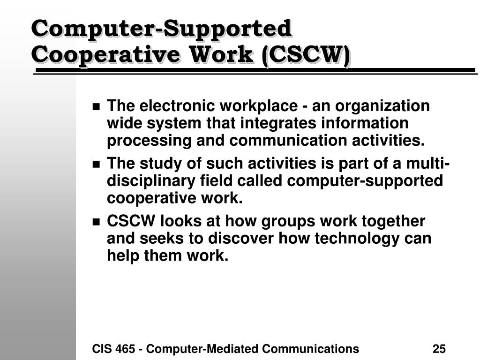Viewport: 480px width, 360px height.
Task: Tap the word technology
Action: coord(357,239)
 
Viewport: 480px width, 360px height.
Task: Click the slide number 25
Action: coord(439,349)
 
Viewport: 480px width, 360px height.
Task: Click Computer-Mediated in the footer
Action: coord(202,349)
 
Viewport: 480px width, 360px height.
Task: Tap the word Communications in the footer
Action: coord(310,349)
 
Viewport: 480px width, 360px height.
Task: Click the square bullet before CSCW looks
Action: coord(97,222)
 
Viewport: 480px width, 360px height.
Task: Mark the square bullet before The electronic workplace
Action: coord(97,107)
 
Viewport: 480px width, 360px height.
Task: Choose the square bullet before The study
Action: coord(97,165)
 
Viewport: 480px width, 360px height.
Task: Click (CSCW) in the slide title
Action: coord(306,55)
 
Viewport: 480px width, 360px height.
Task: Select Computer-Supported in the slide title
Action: coord(162,29)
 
